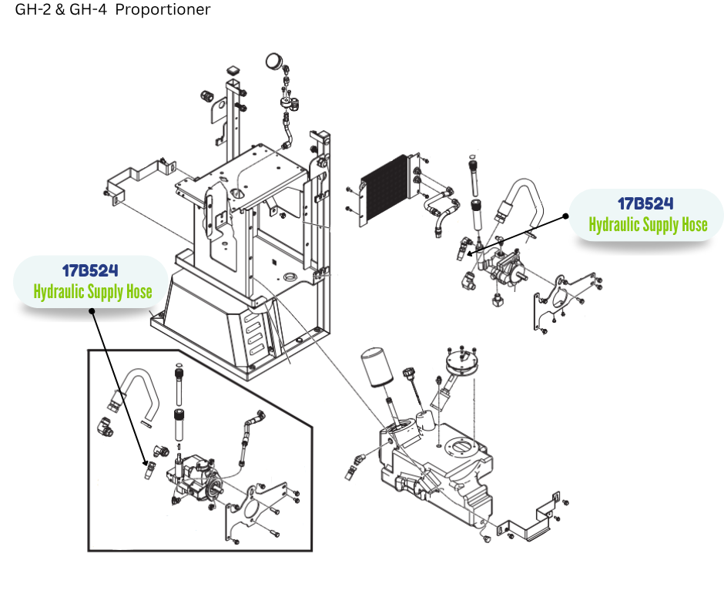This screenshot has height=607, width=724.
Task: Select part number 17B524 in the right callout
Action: click(x=645, y=204)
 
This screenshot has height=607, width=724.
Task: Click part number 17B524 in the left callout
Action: click(x=90, y=271)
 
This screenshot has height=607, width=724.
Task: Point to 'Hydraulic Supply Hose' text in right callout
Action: click(x=648, y=225)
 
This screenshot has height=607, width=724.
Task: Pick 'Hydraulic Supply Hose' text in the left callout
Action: click(x=92, y=292)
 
